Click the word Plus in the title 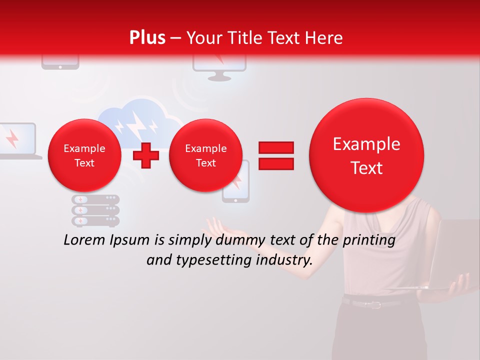(147, 38)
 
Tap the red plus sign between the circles (145, 155)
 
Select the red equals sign (275, 155)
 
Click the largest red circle (366, 155)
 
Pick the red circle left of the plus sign (84, 155)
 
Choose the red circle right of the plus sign (205, 155)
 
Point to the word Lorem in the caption (85, 240)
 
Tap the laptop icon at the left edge (19, 140)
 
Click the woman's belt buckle (374, 304)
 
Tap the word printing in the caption (368, 240)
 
